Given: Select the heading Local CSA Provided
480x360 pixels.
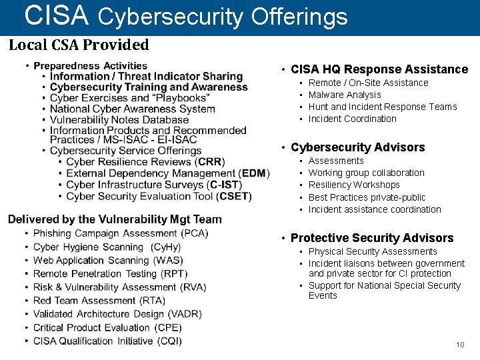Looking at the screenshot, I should (x=79, y=45).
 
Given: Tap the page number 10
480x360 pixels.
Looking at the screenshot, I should (x=460, y=345).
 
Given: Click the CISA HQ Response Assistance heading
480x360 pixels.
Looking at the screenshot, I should (x=379, y=69).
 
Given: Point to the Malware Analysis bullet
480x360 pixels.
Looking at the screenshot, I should (x=345, y=95).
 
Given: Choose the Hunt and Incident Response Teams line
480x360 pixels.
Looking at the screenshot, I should (x=383, y=107).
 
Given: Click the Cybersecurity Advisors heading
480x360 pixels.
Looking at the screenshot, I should (x=357, y=147).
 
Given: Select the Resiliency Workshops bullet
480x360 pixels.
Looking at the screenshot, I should (x=354, y=185).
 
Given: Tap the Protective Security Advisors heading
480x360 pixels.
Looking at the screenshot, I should (x=372, y=238).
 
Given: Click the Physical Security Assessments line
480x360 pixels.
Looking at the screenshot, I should (x=373, y=251).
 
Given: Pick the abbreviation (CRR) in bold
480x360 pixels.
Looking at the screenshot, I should (x=211, y=162).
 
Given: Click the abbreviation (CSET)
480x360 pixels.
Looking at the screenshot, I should (x=234, y=196).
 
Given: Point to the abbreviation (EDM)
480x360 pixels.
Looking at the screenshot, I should (x=253, y=173).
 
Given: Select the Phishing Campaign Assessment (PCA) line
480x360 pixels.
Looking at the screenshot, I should (x=121, y=233).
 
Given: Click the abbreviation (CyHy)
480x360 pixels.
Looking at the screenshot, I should (x=166, y=247).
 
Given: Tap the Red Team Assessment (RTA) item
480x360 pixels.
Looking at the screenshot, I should (x=99, y=301).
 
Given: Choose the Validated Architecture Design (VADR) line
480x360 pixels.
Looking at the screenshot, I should (x=117, y=314).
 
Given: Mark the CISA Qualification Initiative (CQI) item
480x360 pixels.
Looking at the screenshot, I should (x=107, y=341).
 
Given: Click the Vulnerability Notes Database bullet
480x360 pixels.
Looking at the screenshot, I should (x=119, y=120).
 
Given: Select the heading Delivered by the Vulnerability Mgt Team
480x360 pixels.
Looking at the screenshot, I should (x=115, y=219).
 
